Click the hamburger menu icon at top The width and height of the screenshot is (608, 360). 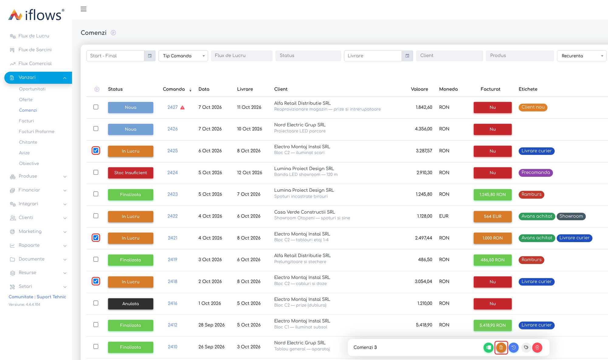(x=84, y=9)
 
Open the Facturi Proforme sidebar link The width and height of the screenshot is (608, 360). (x=36, y=132)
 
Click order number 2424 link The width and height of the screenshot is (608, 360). (x=172, y=173)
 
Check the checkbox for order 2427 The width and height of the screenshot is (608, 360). (x=96, y=107)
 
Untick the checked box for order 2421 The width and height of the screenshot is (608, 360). (x=96, y=238)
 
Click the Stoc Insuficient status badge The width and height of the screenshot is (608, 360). (x=130, y=173)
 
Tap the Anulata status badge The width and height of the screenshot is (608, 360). (x=130, y=303)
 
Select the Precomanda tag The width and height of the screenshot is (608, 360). (x=536, y=173)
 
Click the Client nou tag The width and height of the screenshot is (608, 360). (x=533, y=107)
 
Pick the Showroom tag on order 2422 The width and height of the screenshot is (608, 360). (x=571, y=216)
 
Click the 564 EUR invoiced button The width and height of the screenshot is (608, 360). (x=492, y=216)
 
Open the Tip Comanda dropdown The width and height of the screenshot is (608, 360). (x=183, y=56)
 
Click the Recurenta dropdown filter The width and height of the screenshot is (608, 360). (x=582, y=56)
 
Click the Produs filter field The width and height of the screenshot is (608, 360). (x=520, y=56)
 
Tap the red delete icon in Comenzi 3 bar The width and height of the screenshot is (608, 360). (x=537, y=348)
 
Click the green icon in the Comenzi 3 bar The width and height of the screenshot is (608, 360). (x=489, y=348)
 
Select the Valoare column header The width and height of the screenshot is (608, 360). (x=419, y=89)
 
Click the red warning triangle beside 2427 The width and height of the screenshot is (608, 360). (x=182, y=108)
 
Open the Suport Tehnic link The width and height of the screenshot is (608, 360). (x=51, y=297)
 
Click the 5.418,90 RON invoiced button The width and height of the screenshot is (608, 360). (x=492, y=325)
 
